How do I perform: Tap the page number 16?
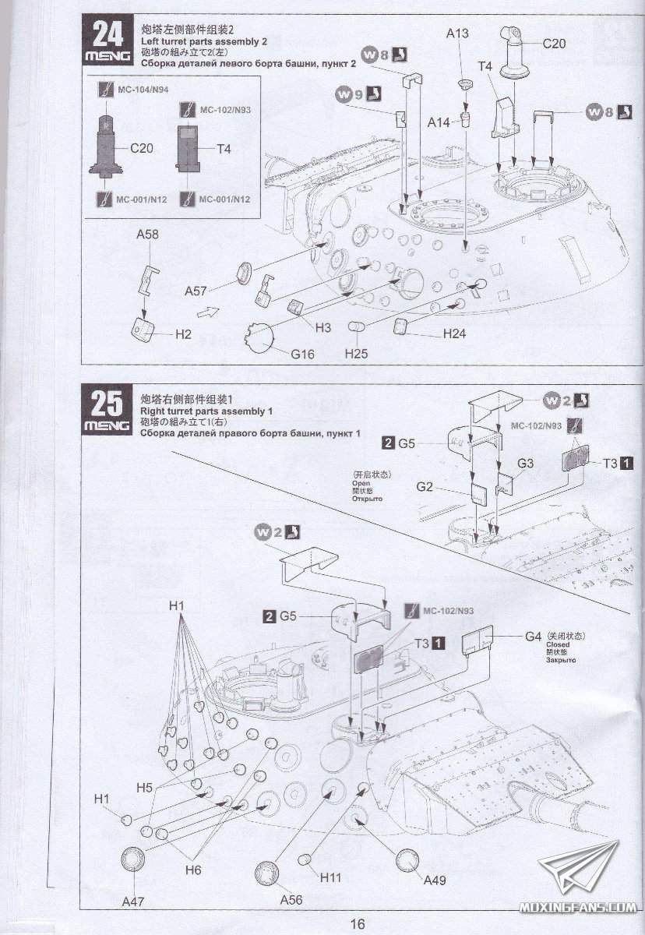[358, 923]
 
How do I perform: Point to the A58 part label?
[147, 234]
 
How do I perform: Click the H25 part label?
[356, 354]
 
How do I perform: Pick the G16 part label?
[302, 354]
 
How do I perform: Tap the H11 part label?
[331, 877]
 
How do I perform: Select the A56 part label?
[291, 900]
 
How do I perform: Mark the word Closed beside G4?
[558, 644]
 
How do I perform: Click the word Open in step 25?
[361, 482]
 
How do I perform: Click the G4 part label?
[533, 636]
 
